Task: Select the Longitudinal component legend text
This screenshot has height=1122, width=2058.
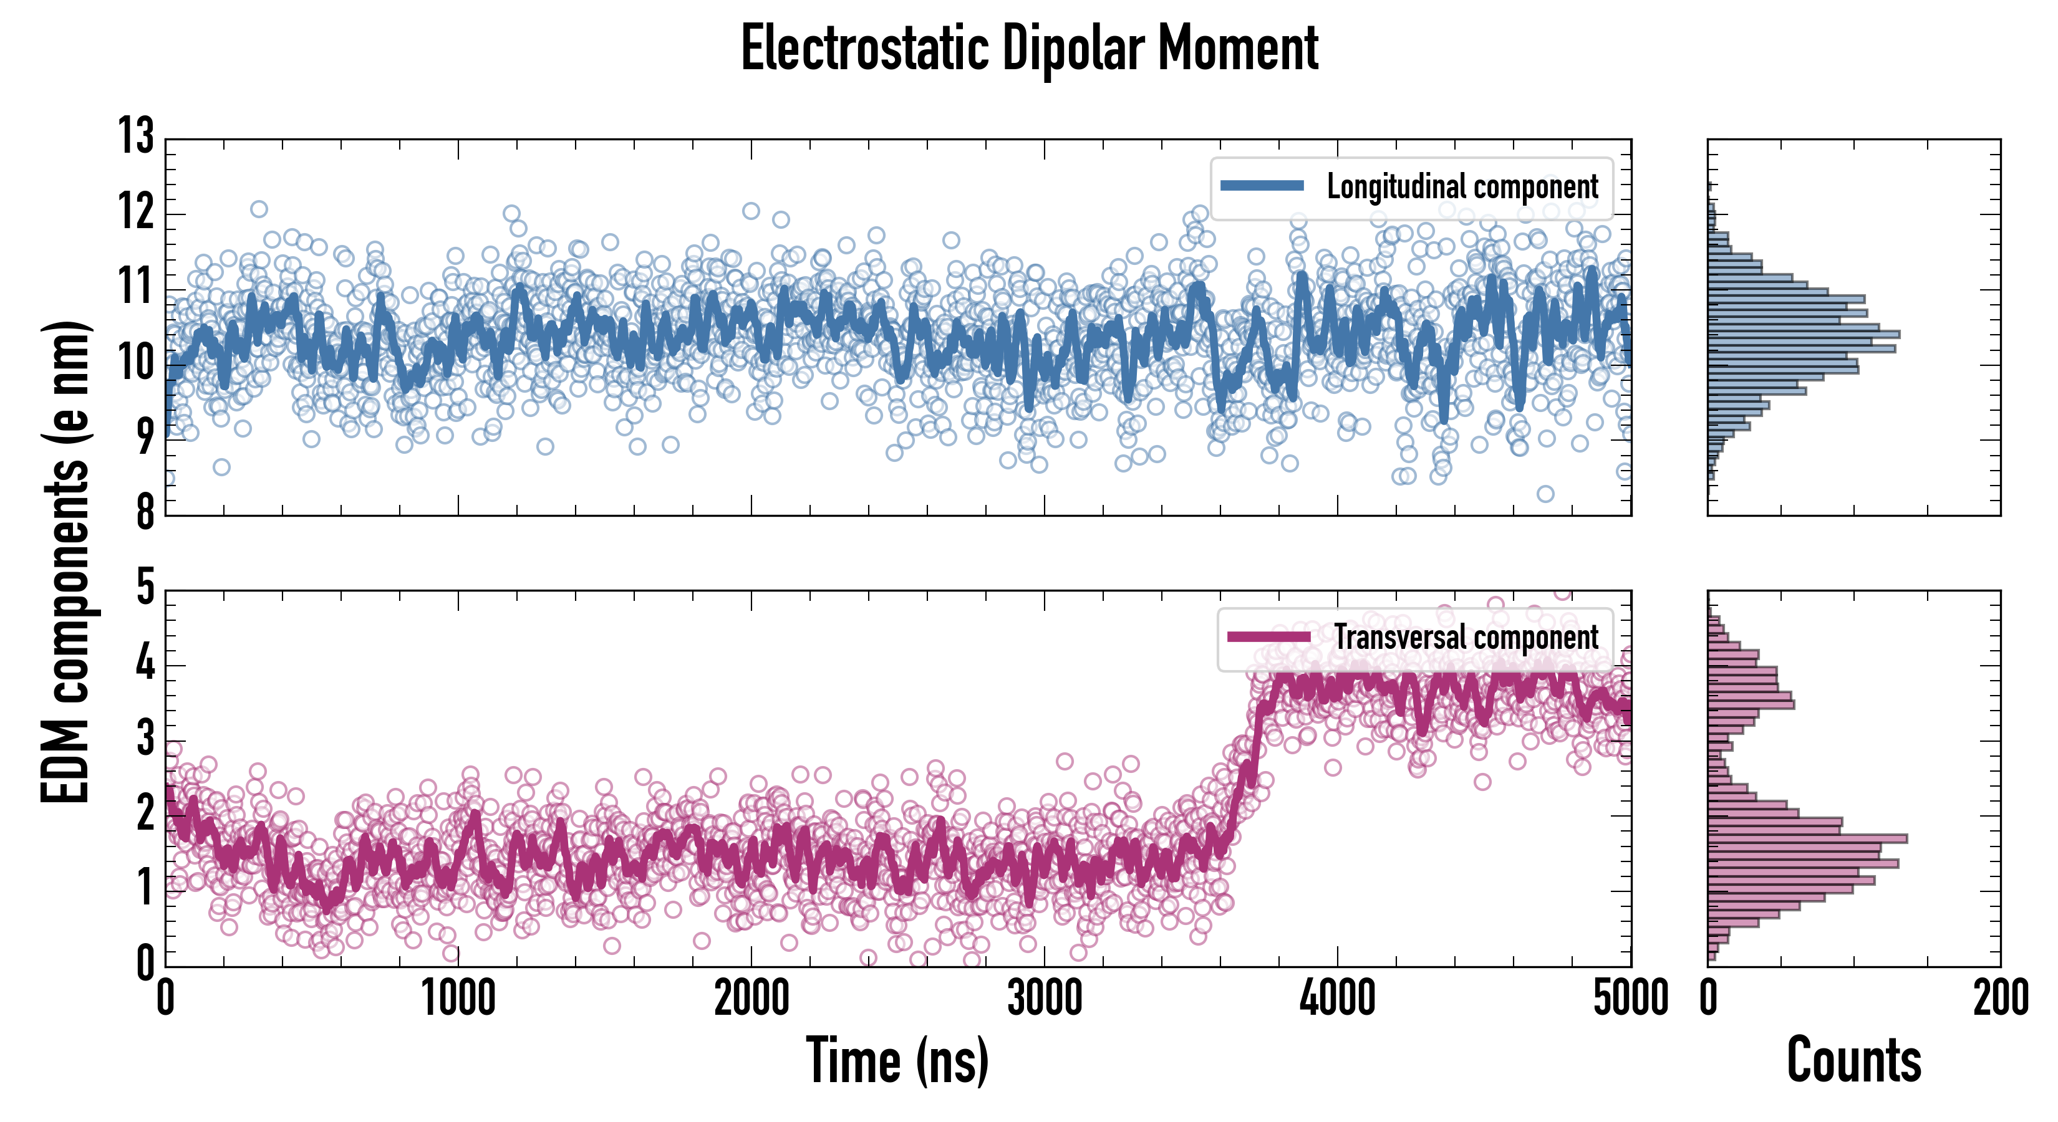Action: [1462, 187]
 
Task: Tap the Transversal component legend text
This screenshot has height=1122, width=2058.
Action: [1466, 637]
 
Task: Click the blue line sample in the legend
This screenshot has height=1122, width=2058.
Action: [1262, 186]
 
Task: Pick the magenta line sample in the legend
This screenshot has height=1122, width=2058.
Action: [1268, 636]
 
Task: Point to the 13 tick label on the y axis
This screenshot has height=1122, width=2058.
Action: [136, 136]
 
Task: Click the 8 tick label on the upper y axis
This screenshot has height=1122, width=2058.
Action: [145, 512]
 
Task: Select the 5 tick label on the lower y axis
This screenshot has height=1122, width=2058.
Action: [145, 588]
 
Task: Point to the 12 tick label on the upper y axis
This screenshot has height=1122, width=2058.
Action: [136, 213]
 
